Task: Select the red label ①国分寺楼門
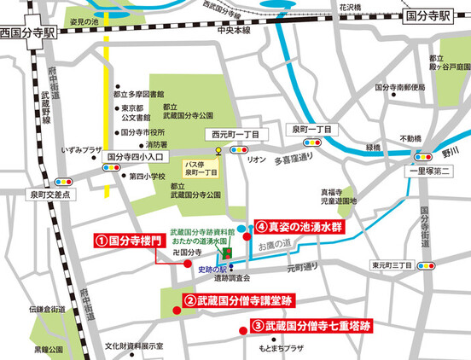[x=128, y=241]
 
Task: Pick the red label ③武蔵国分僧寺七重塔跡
[x=311, y=326]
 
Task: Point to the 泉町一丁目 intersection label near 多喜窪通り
[x=311, y=128]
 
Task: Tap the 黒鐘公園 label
[x=49, y=349]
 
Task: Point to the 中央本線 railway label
[x=234, y=31]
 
